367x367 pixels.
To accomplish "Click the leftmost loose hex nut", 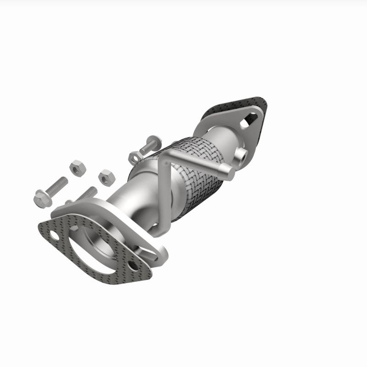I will tap(78, 168).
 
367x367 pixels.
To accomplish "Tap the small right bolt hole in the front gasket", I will tap(133, 266).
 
